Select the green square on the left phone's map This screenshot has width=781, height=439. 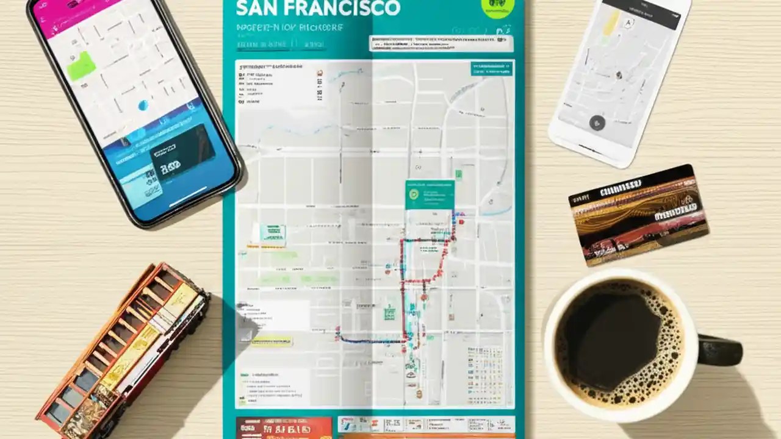(82, 66)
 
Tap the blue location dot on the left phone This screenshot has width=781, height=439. (143, 105)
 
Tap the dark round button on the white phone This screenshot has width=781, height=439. (597, 123)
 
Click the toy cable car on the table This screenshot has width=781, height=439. (122, 354)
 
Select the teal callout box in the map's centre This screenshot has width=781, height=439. (430, 194)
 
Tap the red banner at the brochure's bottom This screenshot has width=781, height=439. (283, 427)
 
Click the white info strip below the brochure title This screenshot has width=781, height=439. (441, 43)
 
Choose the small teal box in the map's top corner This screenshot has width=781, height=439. (491, 68)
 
